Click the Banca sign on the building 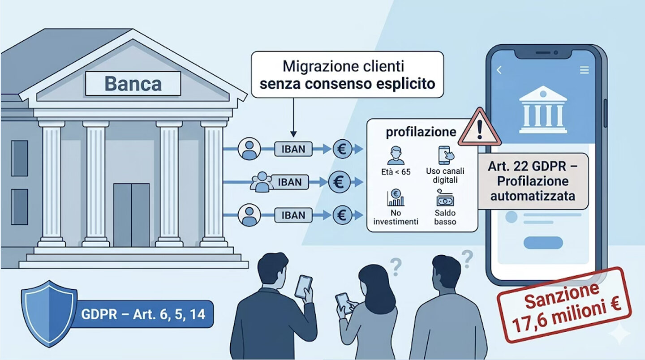tap(133, 84)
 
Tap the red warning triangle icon tap(480, 128)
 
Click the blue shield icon tap(49, 313)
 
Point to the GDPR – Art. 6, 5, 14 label tap(143, 314)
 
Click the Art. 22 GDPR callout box tap(533, 181)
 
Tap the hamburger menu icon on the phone tap(584, 70)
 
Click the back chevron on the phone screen tap(499, 70)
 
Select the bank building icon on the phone tap(542, 109)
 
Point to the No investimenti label tap(396, 217)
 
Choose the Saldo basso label tap(445, 217)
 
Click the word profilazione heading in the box tap(421, 132)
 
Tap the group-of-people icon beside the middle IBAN tap(261, 181)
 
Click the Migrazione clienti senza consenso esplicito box tap(347, 75)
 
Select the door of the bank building tap(131, 215)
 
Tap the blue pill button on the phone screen tap(543, 243)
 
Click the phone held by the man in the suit tap(303, 287)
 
